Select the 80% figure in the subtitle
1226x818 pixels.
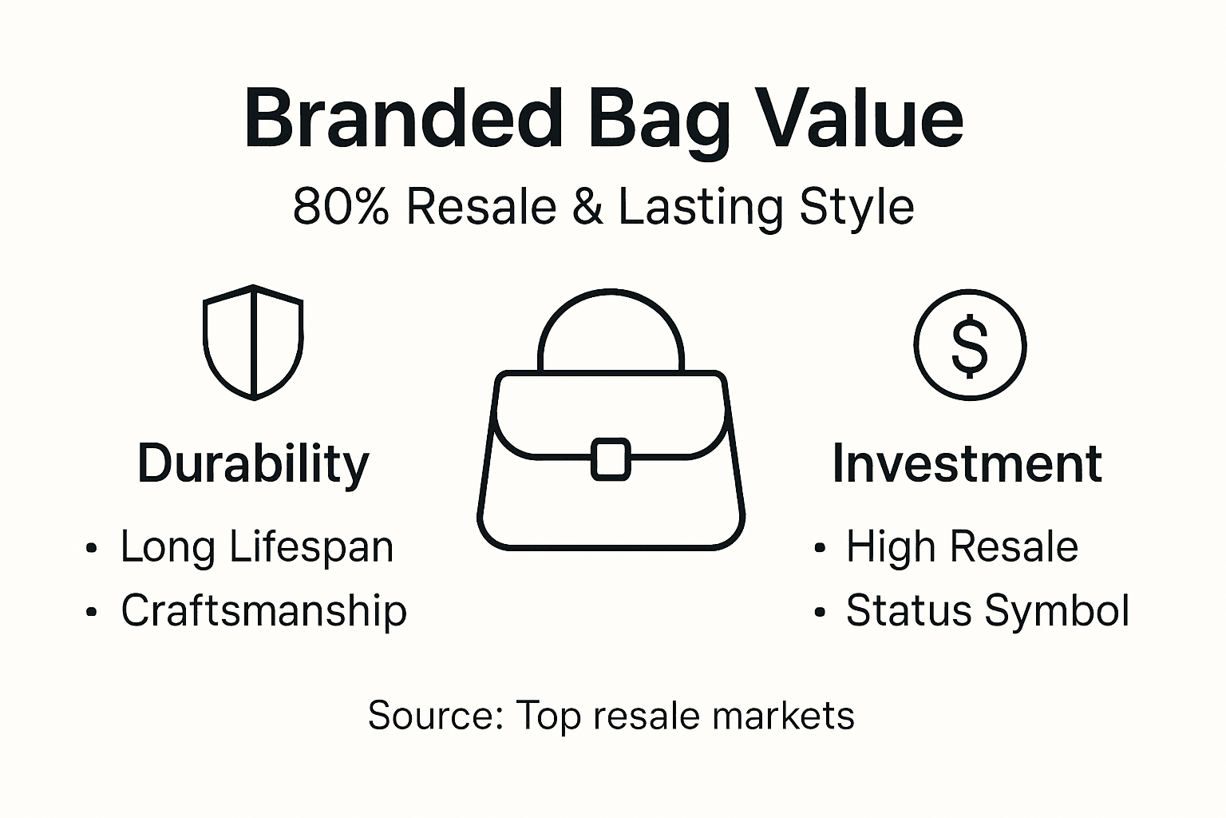click(341, 207)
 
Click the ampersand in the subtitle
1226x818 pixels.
click(587, 207)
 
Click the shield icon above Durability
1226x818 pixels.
click(253, 342)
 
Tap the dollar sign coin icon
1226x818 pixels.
click(970, 345)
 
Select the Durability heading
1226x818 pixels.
click(253, 463)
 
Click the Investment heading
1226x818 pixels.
click(967, 463)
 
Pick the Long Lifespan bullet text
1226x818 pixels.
click(257, 547)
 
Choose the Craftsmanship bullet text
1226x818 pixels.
click(263, 611)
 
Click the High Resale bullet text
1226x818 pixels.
click(962, 547)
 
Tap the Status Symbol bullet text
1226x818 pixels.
click(987, 611)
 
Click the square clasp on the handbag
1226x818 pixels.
click(611, 459)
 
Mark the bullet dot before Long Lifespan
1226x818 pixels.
click(92, 549)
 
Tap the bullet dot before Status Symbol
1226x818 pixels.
click(819, 613)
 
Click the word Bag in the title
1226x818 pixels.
click(658, 120)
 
